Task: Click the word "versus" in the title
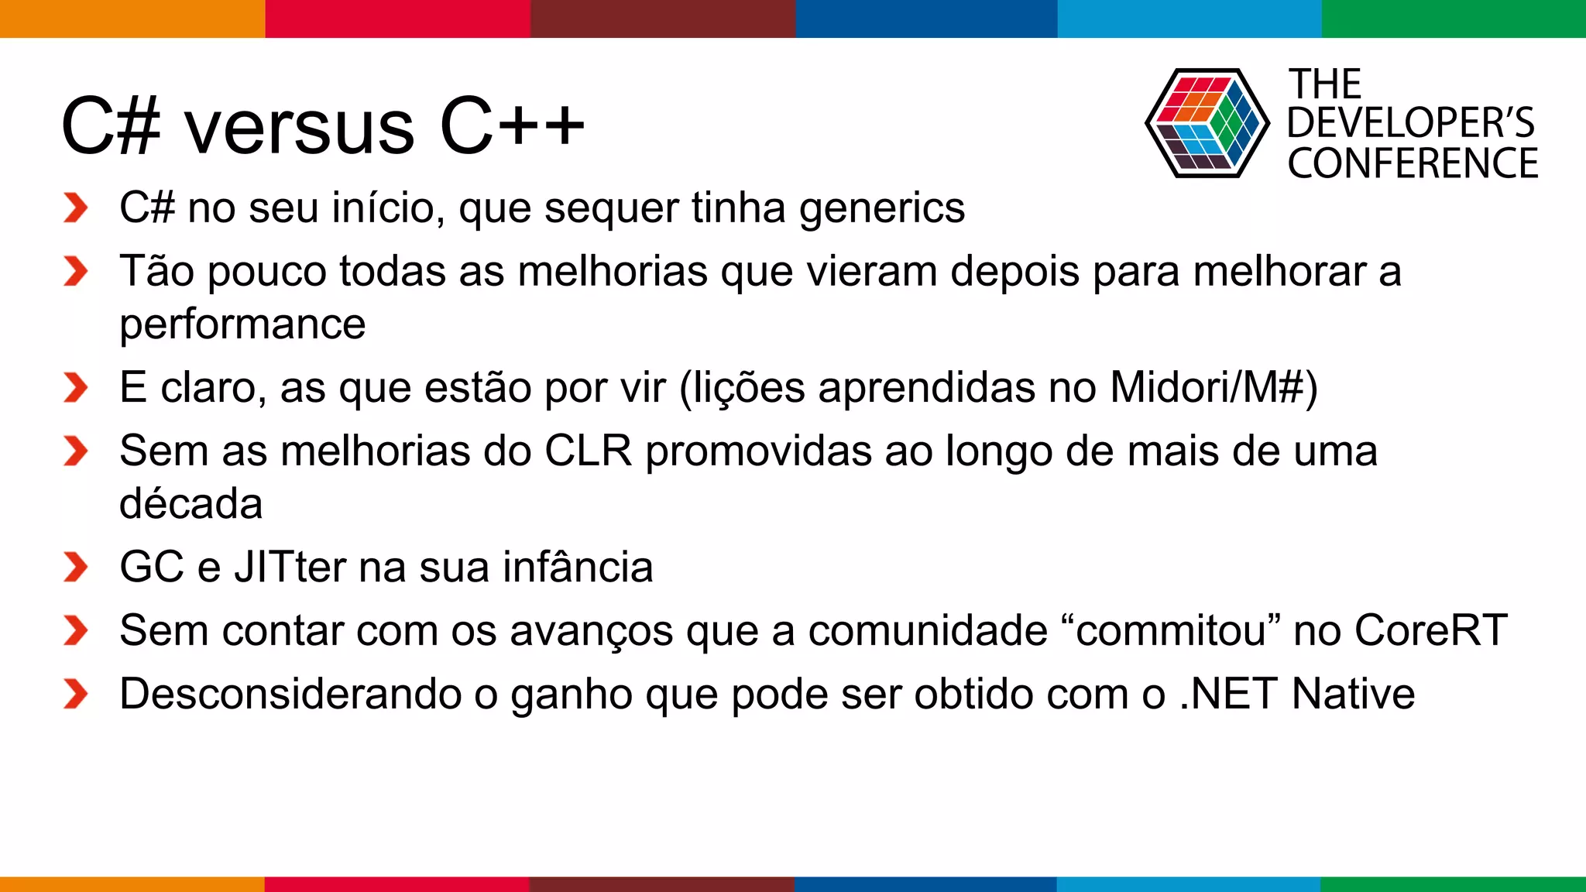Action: pyautogui.click(x=299, y=128)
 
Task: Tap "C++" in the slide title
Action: pyautogui.click(x=512, y=125)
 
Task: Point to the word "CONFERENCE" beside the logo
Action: pyautogui.click(x=1413, y=164)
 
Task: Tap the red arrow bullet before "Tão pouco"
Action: pyautogui.click(x=76, y=272)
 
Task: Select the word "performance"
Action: pyautogui.click(x=242, y=324)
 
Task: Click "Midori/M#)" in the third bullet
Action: pyautogui.click(x=1214, y=387)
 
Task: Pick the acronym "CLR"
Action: pyautogui.click(x=589, y=451)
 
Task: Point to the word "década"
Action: pyautogui.click(x=191, y=504)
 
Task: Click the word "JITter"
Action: pyautogui.click(x=290, y=567)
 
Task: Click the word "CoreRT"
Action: pyautogui.click(x=1431, y=630)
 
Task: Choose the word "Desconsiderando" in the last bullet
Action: pyautogui.click(x=290, y=694)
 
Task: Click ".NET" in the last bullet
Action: pyautogui.click(x=1228, y=694)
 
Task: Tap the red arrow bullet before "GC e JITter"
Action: pyautogui.click(x=76, y=568)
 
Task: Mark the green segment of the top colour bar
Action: pyautogui.click(x=1454, y=19)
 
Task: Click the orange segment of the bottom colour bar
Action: pyautogui.click(x=132, y=884)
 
